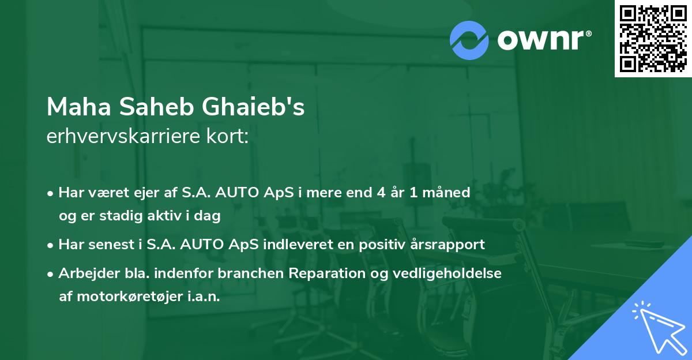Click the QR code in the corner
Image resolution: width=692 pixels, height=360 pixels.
(653, 38)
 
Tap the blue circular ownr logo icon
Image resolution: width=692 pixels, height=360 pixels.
(470, 39)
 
